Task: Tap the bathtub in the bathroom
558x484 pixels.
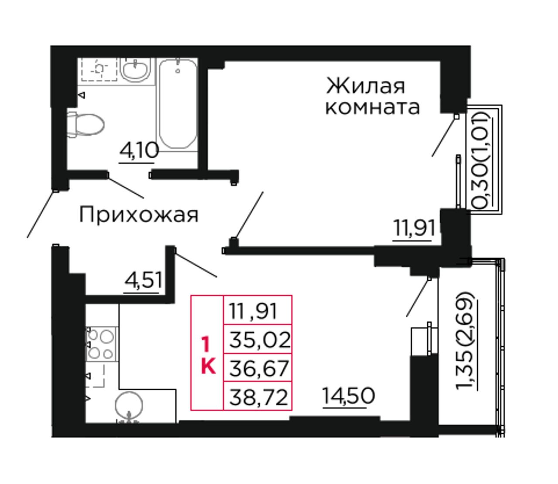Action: (177, 104)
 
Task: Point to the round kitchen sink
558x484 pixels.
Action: (129, 405)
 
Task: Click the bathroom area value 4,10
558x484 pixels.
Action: (139, 151)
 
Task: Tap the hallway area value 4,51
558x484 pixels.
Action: (143, 280)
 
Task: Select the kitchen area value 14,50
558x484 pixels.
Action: (348, 396)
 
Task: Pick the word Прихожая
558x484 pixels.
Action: (139, 215)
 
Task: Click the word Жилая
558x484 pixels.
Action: (365, 86)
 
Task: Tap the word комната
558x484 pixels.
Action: (373, 107)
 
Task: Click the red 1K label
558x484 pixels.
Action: (208, 354)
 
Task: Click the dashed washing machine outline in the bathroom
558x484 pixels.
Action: (99, 69)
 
